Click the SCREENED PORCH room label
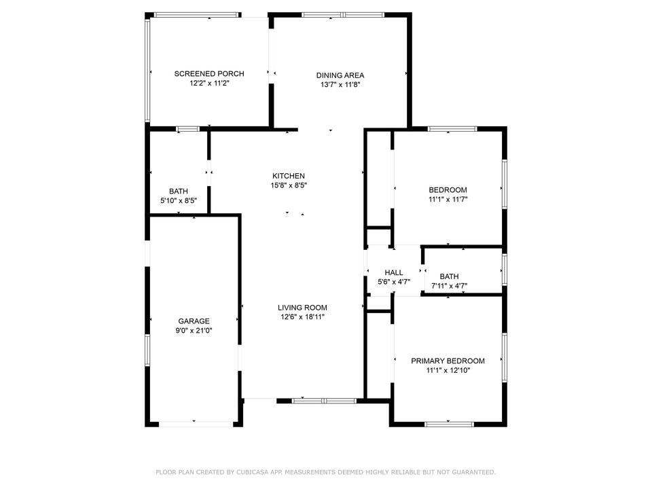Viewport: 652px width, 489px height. (209, 73)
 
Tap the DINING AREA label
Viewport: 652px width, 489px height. (340, 75)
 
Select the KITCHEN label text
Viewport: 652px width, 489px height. (289, 176)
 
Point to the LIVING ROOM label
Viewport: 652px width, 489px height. (302, 308)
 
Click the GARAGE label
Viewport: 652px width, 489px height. (194, 321)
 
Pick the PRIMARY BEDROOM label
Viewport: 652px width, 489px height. (448, 361)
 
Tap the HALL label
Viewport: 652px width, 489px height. (394, 272)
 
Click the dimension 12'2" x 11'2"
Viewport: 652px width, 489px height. (209, 84)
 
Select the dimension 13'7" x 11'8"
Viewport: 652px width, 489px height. (340, 86)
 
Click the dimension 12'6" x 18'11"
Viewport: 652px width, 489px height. (303, 317)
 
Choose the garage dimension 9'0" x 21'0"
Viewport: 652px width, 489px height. (194, 331)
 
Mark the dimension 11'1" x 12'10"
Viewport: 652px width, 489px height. (448, 371)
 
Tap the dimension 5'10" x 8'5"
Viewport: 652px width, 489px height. (179, 201)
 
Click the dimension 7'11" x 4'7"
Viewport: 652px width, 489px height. (450, 286)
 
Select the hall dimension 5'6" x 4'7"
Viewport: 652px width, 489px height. (394, 282)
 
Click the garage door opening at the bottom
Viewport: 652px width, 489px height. (195, 424)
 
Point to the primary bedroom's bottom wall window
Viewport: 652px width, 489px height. (449, 424)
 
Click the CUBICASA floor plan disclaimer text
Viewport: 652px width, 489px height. (326, 471)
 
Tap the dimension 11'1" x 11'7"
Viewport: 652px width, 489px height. (448, 200)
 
